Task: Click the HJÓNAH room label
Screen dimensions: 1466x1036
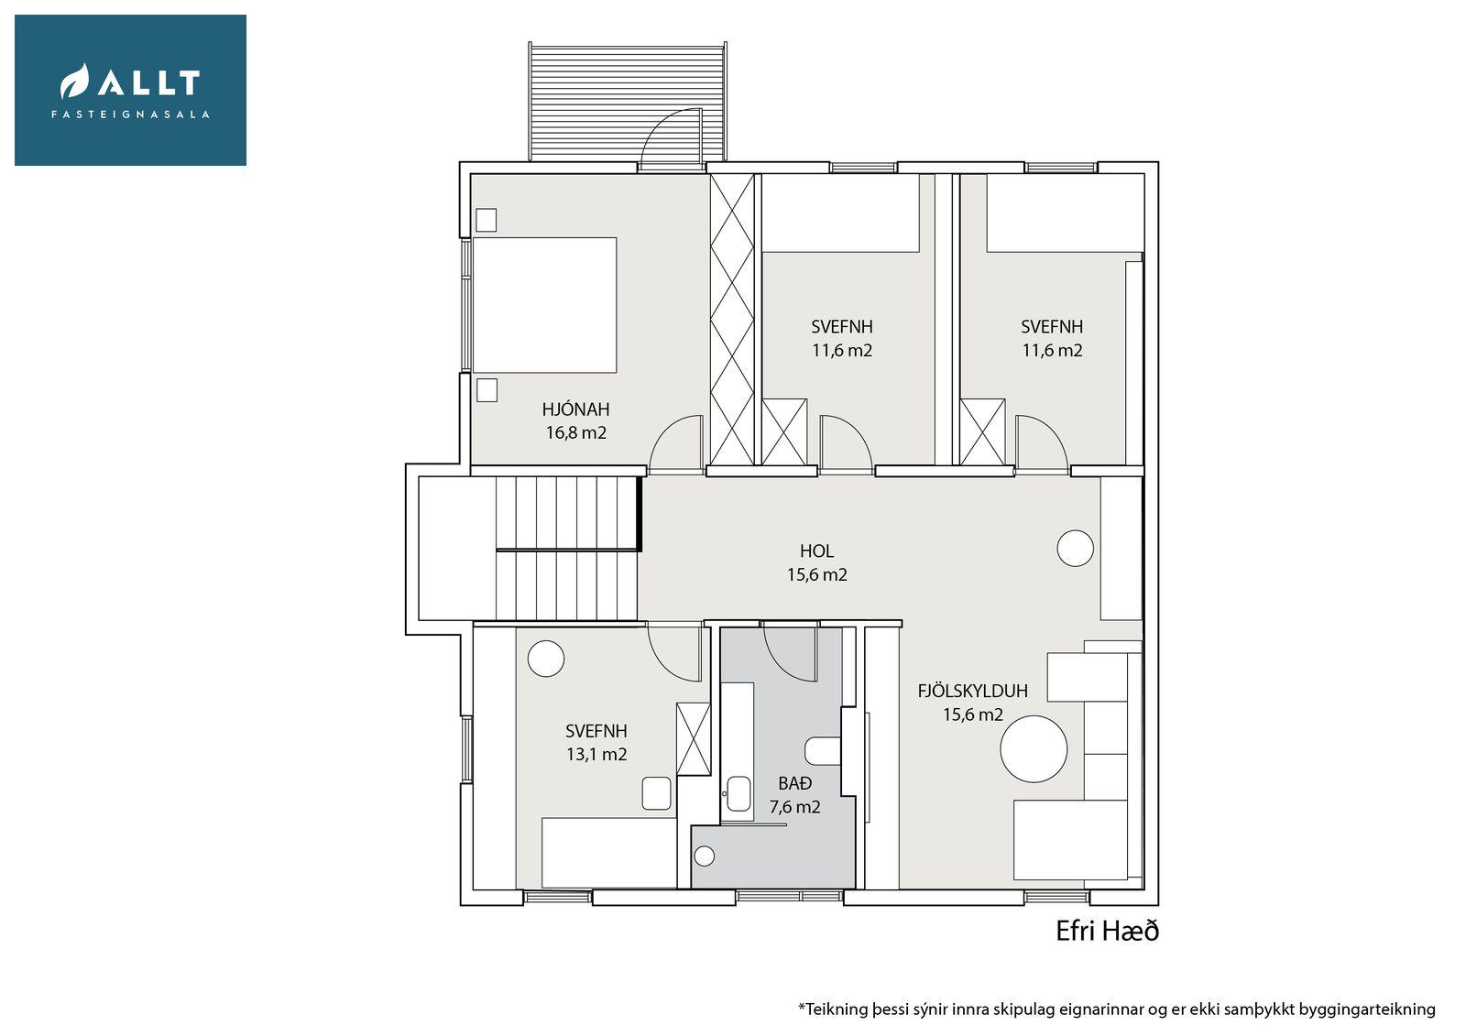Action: [575, 409]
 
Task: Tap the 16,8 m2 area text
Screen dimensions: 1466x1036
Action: [576, 432]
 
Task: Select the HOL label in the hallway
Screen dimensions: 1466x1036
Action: [816, 551]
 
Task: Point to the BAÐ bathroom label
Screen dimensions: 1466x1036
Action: [795, 783]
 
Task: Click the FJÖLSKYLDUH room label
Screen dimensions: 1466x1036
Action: [972, 691]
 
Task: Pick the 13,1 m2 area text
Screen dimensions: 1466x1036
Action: [596, 755]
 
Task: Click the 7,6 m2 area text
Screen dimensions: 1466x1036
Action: [794, 807]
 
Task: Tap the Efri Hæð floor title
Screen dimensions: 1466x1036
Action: [1108, 932]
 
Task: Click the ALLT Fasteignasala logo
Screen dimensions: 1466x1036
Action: [130, 91]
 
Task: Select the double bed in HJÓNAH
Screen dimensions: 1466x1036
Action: [544, 305]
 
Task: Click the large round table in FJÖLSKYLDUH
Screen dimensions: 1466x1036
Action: [1034, 749]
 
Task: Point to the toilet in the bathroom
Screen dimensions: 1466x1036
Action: [823, 750]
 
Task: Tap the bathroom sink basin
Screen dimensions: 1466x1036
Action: [738, 794]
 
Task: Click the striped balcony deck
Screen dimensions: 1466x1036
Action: [627, 102]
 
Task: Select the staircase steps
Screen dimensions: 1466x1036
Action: [566, 548]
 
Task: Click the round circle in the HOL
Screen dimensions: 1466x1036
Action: [1076, 548]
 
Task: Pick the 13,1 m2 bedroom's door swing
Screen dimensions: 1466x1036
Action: [674, 653]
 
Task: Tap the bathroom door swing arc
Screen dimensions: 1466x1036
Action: [790, 654]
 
